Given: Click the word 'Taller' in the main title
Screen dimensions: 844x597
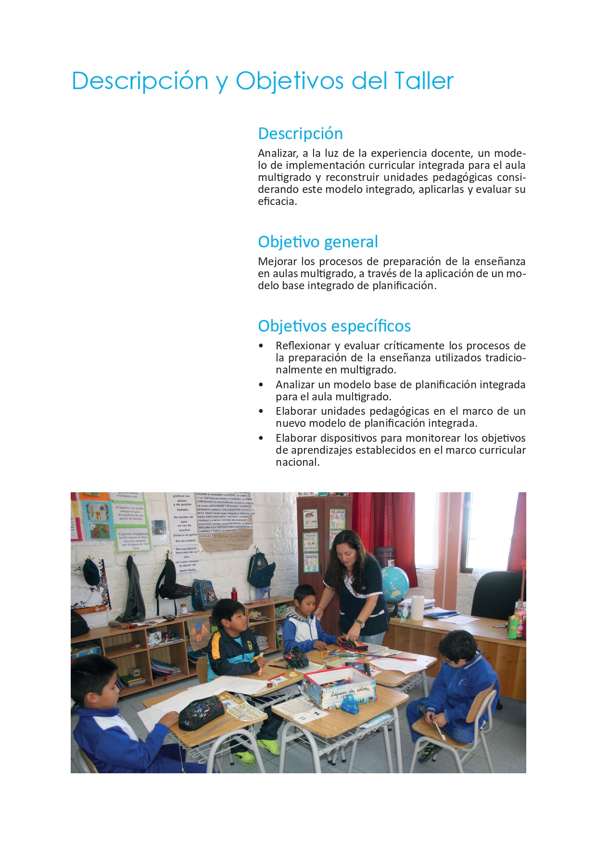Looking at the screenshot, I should click(x=424, y=81).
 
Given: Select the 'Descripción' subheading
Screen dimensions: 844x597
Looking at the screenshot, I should click(x=300, y=133).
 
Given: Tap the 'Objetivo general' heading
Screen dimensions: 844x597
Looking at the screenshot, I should click(x=318, y=242).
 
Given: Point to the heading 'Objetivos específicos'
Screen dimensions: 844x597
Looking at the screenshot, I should click(x=334, y=326).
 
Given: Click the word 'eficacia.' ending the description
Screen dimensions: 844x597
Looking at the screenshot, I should click(x=277, y=202).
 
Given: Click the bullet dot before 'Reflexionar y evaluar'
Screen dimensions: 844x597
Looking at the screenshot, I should click(x=261, y=346).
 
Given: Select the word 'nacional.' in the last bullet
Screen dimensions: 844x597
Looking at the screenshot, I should click(x=297, y=462).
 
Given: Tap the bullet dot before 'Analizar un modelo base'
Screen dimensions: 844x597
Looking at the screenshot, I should click(x=261, y=385).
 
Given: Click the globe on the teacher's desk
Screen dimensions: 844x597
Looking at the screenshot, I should click(x=394, y=583).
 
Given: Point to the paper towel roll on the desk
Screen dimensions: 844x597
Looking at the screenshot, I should click(x=418, y=608).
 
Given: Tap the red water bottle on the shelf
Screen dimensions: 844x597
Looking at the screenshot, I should click(x=234, y=594).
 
